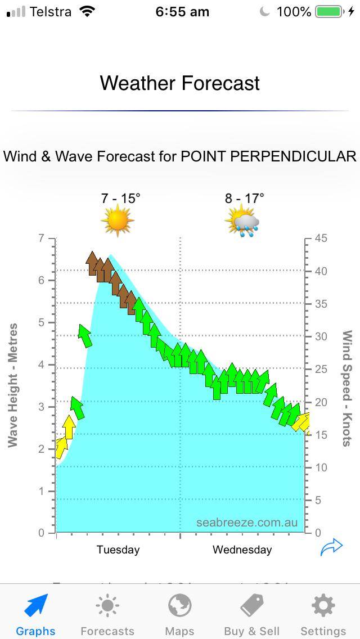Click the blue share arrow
tap(331, 547)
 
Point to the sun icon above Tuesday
tap(118, 220)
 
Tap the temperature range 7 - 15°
tap(121, 198)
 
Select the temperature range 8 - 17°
tap(244, 198)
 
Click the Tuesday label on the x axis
tap(118, 550)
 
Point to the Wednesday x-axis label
tap(242, 550)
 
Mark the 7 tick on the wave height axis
tap(41, 238)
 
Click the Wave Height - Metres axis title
tap(12, 385)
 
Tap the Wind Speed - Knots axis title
tap(347, 388)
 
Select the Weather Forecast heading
tap(180, 83)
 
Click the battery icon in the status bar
tap(329, 12)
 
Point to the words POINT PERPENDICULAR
tap(268, 156)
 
